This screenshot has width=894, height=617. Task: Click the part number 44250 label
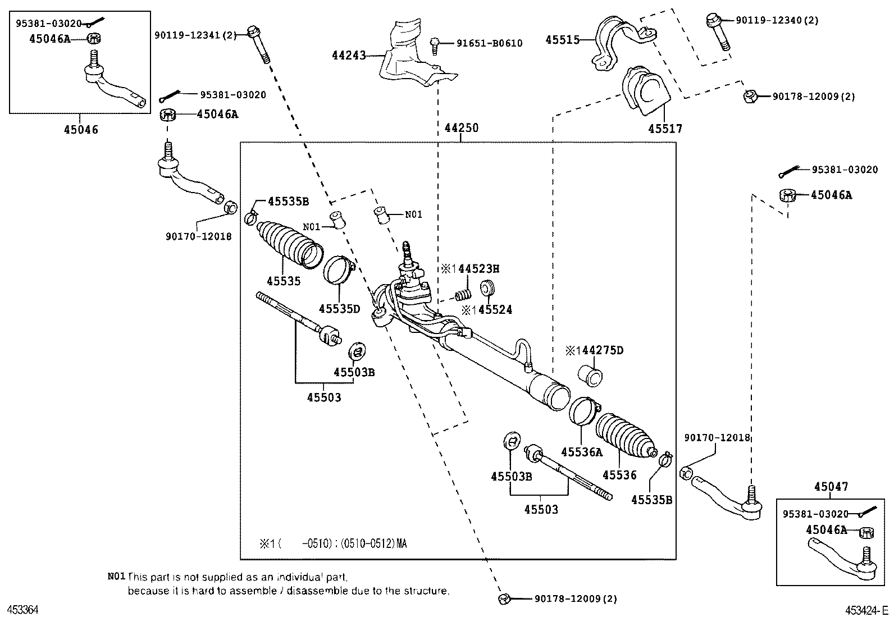462,128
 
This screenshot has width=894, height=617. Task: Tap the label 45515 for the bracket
562,40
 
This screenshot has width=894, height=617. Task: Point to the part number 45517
665,129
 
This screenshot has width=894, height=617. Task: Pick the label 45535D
339,308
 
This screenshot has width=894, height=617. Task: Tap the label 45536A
582,451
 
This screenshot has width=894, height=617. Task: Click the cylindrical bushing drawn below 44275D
590,376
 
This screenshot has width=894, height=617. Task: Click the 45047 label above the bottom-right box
831,487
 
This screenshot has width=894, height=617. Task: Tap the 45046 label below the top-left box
81,130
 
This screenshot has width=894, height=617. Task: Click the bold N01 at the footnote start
116,577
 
